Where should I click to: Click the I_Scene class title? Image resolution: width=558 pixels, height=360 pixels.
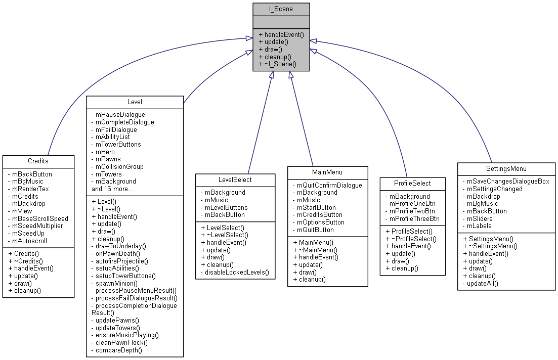(x=281, y=9)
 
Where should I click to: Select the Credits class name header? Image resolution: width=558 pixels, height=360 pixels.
(x=38, y=161)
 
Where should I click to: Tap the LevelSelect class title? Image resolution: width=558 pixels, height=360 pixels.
(x=235, y=179)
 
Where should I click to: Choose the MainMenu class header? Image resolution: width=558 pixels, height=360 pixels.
(x=327, y=172)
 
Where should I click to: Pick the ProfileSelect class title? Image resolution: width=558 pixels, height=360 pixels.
(x=412, y=183)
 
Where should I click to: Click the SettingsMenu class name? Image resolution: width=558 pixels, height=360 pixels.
(x=506, y=168)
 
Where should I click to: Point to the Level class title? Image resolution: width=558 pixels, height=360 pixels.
(x=135, y=102)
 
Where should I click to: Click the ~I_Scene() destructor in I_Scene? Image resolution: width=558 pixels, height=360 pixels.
(x=277, y=65)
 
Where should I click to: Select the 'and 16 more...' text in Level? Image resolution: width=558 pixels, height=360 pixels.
(x=112, y=189)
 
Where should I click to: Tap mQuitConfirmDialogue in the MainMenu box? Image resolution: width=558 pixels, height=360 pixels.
(x=329, y=185)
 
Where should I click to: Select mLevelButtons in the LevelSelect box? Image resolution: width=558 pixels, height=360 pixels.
(x=226, y=207)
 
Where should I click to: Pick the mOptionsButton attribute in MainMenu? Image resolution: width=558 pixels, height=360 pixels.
(x=321, y=222)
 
